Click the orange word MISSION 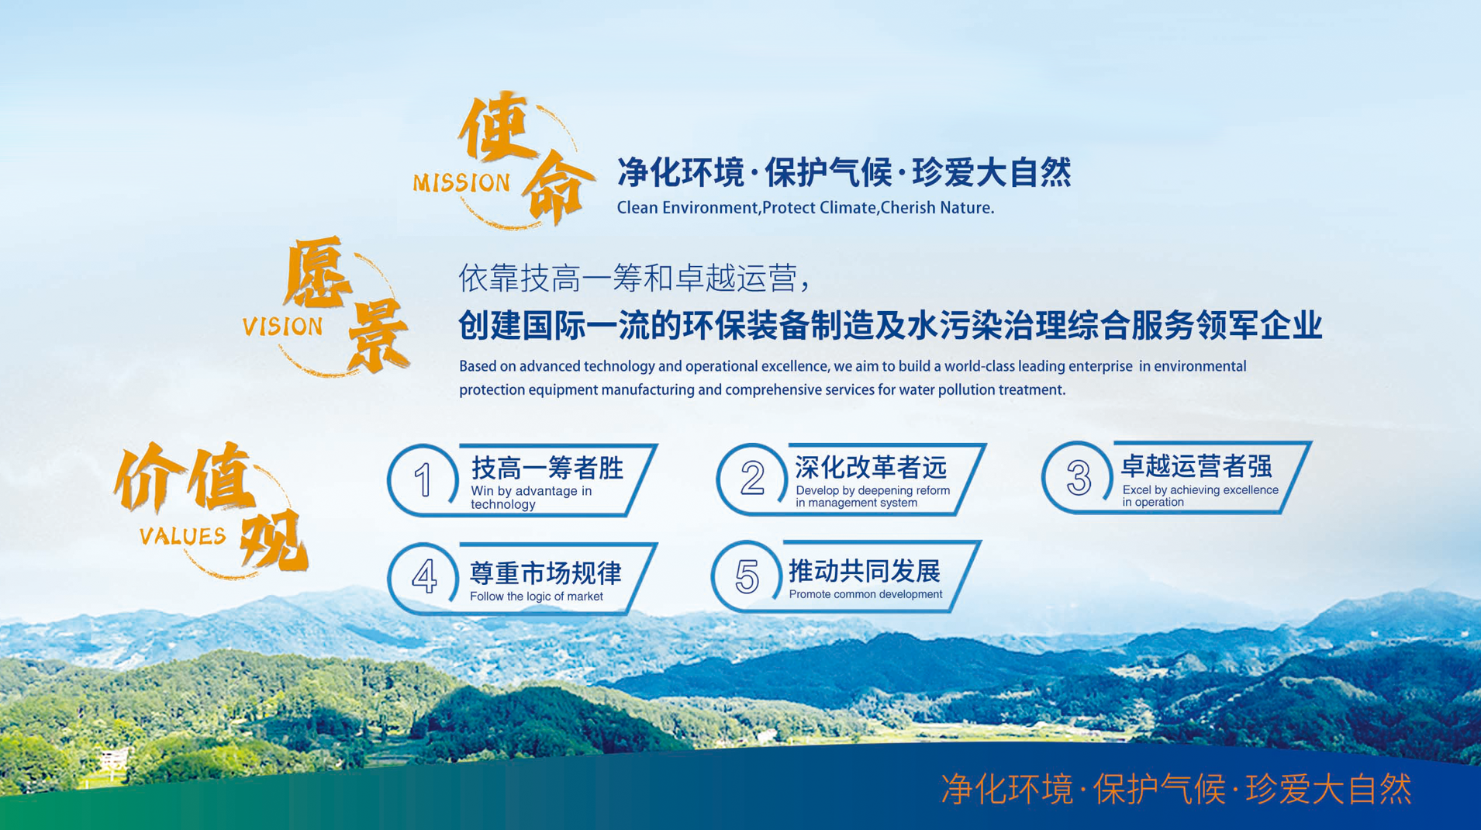(x=461, y=183)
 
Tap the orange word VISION (x=282, y=327)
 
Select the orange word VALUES (x=182, y=536)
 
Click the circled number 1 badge (x=423, y=479)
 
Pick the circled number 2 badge (x=751, y=478)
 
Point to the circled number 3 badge (x=1078, y=477)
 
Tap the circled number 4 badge (x=423, y=577)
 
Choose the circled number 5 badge (x=747, y=576)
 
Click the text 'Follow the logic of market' (x=536, y=597)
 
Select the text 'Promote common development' (x=865, y=594)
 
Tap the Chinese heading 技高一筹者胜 (x=547, y=468)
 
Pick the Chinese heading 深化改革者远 (x=871, y=467)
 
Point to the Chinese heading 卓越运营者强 (x=1196, y=466)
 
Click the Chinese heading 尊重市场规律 (x=546, y=573)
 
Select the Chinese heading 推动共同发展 (x=865, y=571)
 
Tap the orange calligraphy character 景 (x=378, y=336)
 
